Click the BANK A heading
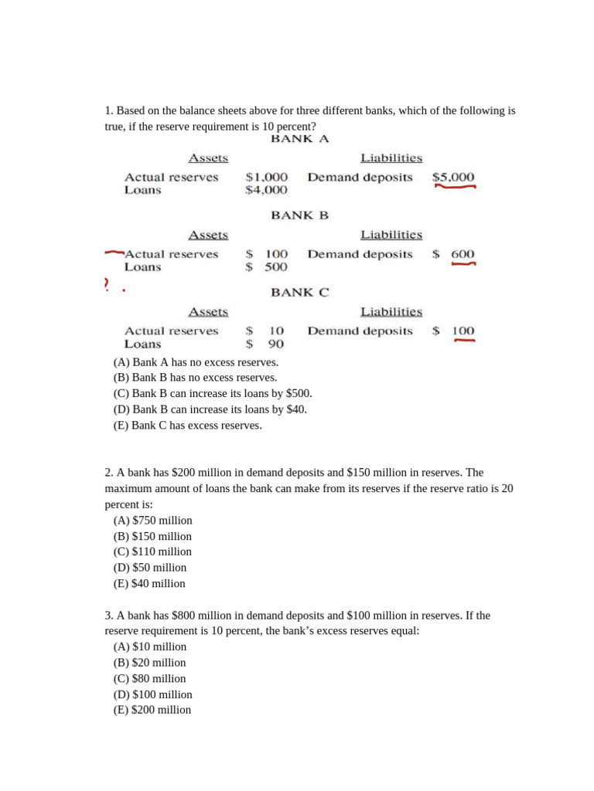[299, 139]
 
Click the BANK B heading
[299, 216]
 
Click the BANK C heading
[299, 293]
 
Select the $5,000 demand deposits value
[453, 177]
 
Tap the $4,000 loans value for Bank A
[266, 190]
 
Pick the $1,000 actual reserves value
[266, 177]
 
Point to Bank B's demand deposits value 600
[463, 254]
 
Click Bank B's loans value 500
[275, 267]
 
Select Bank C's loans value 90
[276, 345]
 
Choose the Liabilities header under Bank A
[391, 158]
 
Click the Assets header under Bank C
[208, 312]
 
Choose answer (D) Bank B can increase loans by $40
[210, 409]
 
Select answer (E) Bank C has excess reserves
[187, 426]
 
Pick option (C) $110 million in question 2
[152, 552]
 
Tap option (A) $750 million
[152, 520]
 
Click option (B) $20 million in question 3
[149, 663]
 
